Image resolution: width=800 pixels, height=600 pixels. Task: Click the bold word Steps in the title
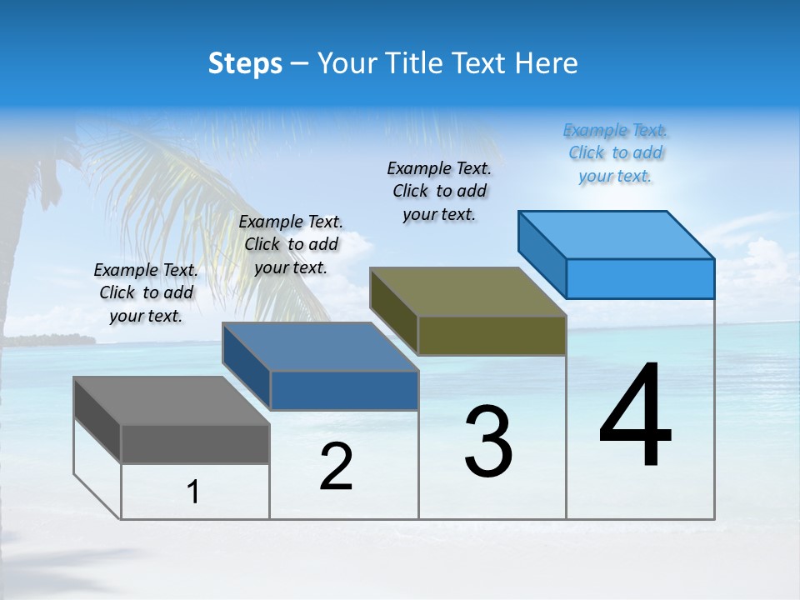(x=245, y=63)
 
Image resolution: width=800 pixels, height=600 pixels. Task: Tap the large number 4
(x=635, y=417)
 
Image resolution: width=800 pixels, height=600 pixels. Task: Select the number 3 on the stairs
(x=488, y=442)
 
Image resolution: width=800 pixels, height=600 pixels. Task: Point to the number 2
(x=337, y=467)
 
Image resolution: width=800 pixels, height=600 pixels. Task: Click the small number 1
(x=193, y=492)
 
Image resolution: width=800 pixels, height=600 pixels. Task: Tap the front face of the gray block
(x=195, y=444)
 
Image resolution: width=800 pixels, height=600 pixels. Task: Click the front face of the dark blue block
(x=344, y=391)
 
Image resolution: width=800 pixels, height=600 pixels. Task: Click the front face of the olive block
(x=492, y=335)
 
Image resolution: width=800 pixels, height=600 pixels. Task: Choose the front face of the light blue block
(x=640, y=278)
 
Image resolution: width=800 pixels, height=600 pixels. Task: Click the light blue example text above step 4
(x=616, y=153)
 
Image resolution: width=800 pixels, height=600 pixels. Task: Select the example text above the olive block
(x=439, y=191)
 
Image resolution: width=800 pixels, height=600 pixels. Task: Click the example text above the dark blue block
(x=291, y=244)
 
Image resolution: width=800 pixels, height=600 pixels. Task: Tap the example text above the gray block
(x=146, y=292)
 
